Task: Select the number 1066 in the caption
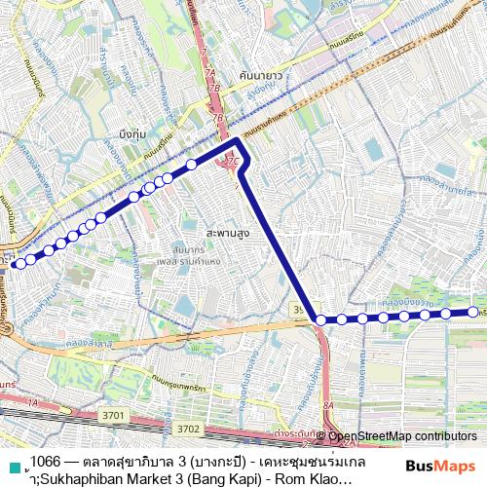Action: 45,460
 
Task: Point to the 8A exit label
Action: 328,405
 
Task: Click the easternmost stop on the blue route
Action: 469,312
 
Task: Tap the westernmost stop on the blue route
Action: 18,262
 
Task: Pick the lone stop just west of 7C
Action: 193,165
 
